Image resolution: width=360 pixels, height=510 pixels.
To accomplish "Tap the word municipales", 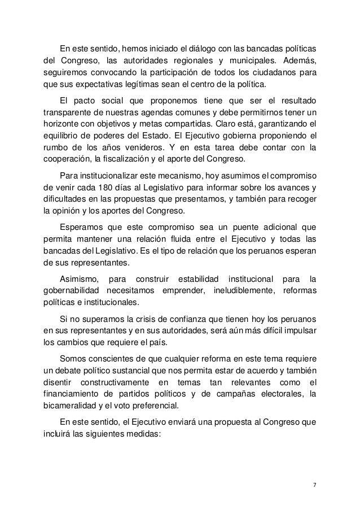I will click(x=248, y=60).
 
